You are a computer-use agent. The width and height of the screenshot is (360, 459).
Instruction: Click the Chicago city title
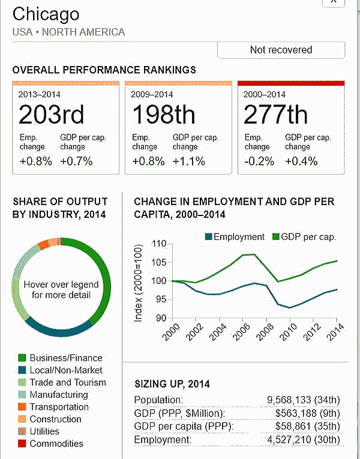click(46, 14)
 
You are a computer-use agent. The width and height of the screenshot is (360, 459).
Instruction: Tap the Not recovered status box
click(281, 50)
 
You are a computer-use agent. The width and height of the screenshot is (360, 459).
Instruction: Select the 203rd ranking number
click(51, 114)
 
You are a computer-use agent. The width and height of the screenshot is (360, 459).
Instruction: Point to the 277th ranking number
click(275, 114)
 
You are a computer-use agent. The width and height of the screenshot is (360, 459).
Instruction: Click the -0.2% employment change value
click(259, 161)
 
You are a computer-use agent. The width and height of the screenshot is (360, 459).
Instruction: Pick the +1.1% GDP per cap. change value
click(189, 161)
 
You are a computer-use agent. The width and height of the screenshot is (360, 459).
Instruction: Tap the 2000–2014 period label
click(265, 94)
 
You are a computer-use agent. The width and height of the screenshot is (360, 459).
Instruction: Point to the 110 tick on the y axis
click(158, 244)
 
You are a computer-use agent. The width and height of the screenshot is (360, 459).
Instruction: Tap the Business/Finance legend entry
click(66, 358)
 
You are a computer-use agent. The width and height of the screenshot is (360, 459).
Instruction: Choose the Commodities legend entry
click(56, 444)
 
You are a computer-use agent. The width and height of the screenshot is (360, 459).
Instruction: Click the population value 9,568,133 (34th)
click(305, 400)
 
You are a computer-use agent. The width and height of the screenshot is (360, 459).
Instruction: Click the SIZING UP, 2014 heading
click(172, 384)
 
